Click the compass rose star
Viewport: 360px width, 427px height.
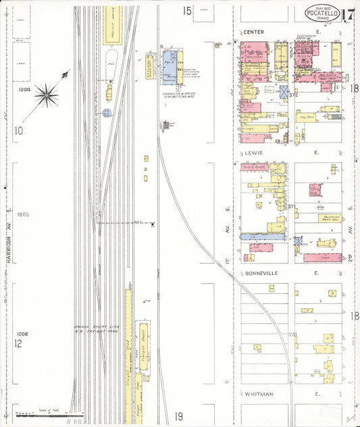pos(47,95)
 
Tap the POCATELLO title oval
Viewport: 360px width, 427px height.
pos(322,13)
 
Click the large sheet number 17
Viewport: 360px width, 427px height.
pos(349,15)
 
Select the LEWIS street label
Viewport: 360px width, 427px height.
pos(253,153)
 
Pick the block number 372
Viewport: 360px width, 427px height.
pos(293,95)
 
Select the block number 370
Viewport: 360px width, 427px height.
pos(292,334)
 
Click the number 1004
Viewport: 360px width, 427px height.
pos(25,89)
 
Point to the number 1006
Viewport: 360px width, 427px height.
pos(23,334)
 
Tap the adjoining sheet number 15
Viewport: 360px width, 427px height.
pos(187,10)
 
